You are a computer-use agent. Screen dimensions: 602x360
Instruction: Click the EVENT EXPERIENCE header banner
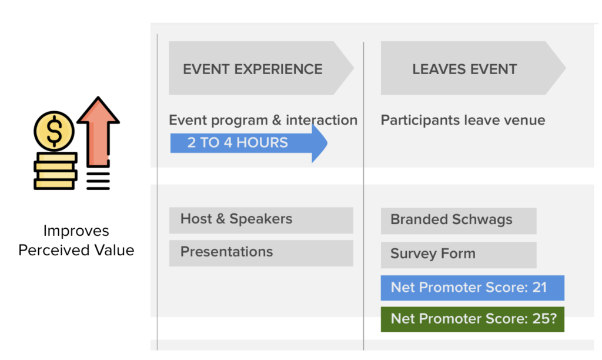pyautogui.click(x=261, y=68)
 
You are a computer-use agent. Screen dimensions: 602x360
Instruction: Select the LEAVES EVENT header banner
pyautogui.click(x=473, y=68)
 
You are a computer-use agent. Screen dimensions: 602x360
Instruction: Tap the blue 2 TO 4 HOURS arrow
pyautogui.click(x=249, y=143)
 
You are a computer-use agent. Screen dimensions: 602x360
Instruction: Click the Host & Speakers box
pyautogui.click(x=261, y=220)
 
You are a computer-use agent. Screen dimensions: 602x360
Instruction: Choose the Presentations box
pyautogui.click(x=261, y=253)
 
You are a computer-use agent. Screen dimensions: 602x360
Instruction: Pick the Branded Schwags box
pyautogui.click(x=459, y=221)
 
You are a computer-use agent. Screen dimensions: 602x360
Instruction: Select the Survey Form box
pyautogui.click(x=459, y=255)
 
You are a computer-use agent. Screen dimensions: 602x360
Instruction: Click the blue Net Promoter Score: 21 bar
pyautogui.click(x=473, y=288)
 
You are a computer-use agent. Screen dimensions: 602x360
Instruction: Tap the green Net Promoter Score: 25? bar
pyautogui.click(x=473, y=319)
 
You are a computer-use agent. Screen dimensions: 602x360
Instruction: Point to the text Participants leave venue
pyautogui.click(x=463, y=120)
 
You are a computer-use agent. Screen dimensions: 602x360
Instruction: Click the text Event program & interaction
pyautogui.click(x=263, y=120)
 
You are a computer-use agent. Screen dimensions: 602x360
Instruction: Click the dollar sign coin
pyautogui.click(x=54, y=131)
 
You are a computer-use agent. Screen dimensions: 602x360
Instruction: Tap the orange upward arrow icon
pyautogui.click(x=98, y=132)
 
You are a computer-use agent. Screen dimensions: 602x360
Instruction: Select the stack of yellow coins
pyautogui.click(x=56, y=171)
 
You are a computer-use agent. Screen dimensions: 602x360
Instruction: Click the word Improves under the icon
pyautogui.click(x=76, y=231)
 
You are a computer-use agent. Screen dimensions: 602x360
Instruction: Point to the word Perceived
pyautogui.click(x=54, y=250)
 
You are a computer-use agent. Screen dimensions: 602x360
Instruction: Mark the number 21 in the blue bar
pyautogui.click(x=540, y=288)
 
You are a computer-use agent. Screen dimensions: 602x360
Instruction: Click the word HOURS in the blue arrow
pyautogui.click(x=262, y=142)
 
